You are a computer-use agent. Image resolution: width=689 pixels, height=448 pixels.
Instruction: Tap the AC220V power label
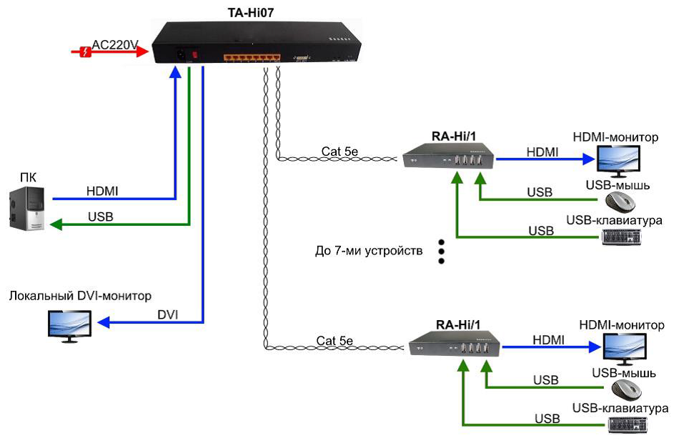[114, 44]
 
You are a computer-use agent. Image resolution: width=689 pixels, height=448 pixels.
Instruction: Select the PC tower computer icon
[27, 208]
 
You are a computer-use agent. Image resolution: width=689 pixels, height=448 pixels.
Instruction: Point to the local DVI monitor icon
[69, 325]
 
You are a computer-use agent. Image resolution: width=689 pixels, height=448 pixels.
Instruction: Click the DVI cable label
[168, 315]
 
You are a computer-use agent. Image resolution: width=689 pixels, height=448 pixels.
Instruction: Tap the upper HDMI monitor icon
[620, 161]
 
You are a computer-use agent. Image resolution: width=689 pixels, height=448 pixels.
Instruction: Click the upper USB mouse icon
[620, 204]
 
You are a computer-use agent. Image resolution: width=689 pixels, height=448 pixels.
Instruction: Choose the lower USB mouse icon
[626, 390]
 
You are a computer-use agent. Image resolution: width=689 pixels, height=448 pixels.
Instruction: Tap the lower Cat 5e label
[336, 340]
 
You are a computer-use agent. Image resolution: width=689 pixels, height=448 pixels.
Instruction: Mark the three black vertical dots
[441, 252]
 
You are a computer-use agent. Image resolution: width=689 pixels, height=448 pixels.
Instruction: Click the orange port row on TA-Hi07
[250, 57]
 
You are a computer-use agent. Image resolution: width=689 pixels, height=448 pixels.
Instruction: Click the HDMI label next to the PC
[102, 191]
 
